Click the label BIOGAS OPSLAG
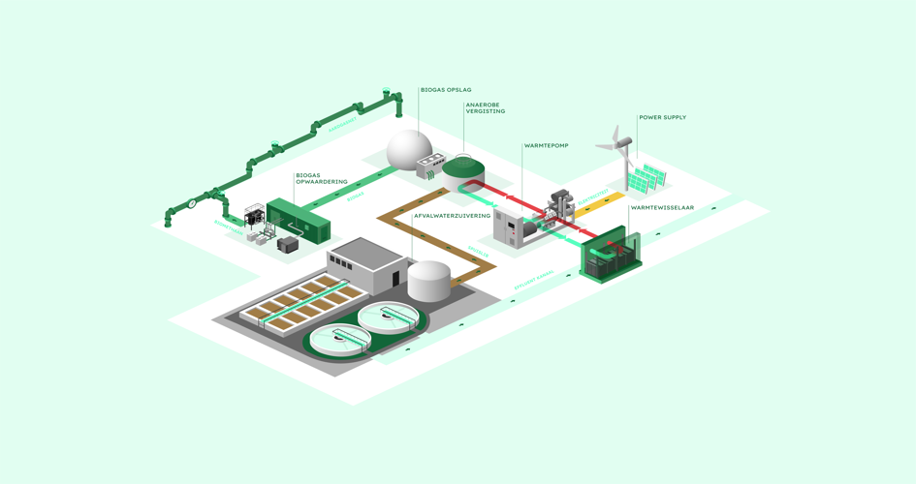[446, 90]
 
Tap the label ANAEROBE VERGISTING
[486, 107]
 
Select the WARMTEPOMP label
[547, 146]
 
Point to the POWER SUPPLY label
[662, 118]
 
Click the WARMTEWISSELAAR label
[662, 208]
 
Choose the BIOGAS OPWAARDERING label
[321, 179]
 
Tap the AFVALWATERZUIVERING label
[452, 216]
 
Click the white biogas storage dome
[409, 150]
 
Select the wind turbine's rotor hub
[621, 146]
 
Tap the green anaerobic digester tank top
[462, 167]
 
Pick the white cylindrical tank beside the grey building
[428, 280]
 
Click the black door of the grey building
[395, 279]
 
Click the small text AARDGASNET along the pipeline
[341, 125]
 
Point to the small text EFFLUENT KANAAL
[534, 280]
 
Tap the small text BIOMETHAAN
[229, 226]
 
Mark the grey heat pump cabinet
[508, 229]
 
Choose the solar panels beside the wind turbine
[647, 179]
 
